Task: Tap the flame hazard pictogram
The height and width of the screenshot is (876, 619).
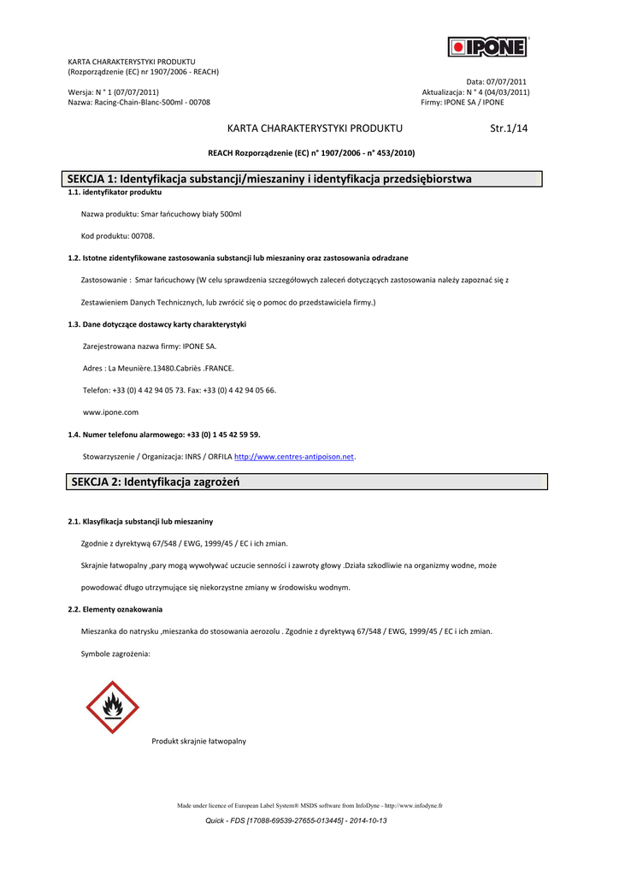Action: click(x=112, y=707)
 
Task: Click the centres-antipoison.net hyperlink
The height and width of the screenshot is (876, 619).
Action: click(x=294, y=457)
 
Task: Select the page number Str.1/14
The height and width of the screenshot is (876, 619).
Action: click(x=510, y=128)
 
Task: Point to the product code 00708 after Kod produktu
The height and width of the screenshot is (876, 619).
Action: click(x=143, y=235)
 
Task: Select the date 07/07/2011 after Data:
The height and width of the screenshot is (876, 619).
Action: click(x=507, y=81)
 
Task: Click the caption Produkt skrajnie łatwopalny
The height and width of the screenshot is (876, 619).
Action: click(x=198, y=741)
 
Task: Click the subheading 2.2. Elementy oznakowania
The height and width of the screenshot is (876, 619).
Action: click(x=115, y=609)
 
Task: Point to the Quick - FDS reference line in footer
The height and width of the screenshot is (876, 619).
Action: click(x=297, y=820)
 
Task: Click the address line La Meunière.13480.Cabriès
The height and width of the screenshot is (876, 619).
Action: click(x=158, y=368)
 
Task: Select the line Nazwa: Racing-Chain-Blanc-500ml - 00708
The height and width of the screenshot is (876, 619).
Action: click(x=139, y=102)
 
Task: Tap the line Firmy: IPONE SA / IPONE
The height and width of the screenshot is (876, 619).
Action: click(x=463, y=102)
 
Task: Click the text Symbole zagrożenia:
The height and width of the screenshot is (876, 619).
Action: click(x=115, y=653)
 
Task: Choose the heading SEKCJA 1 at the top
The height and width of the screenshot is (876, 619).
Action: click(x=271, y=179)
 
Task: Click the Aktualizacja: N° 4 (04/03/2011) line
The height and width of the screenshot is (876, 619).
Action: click(x=475, y=92)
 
